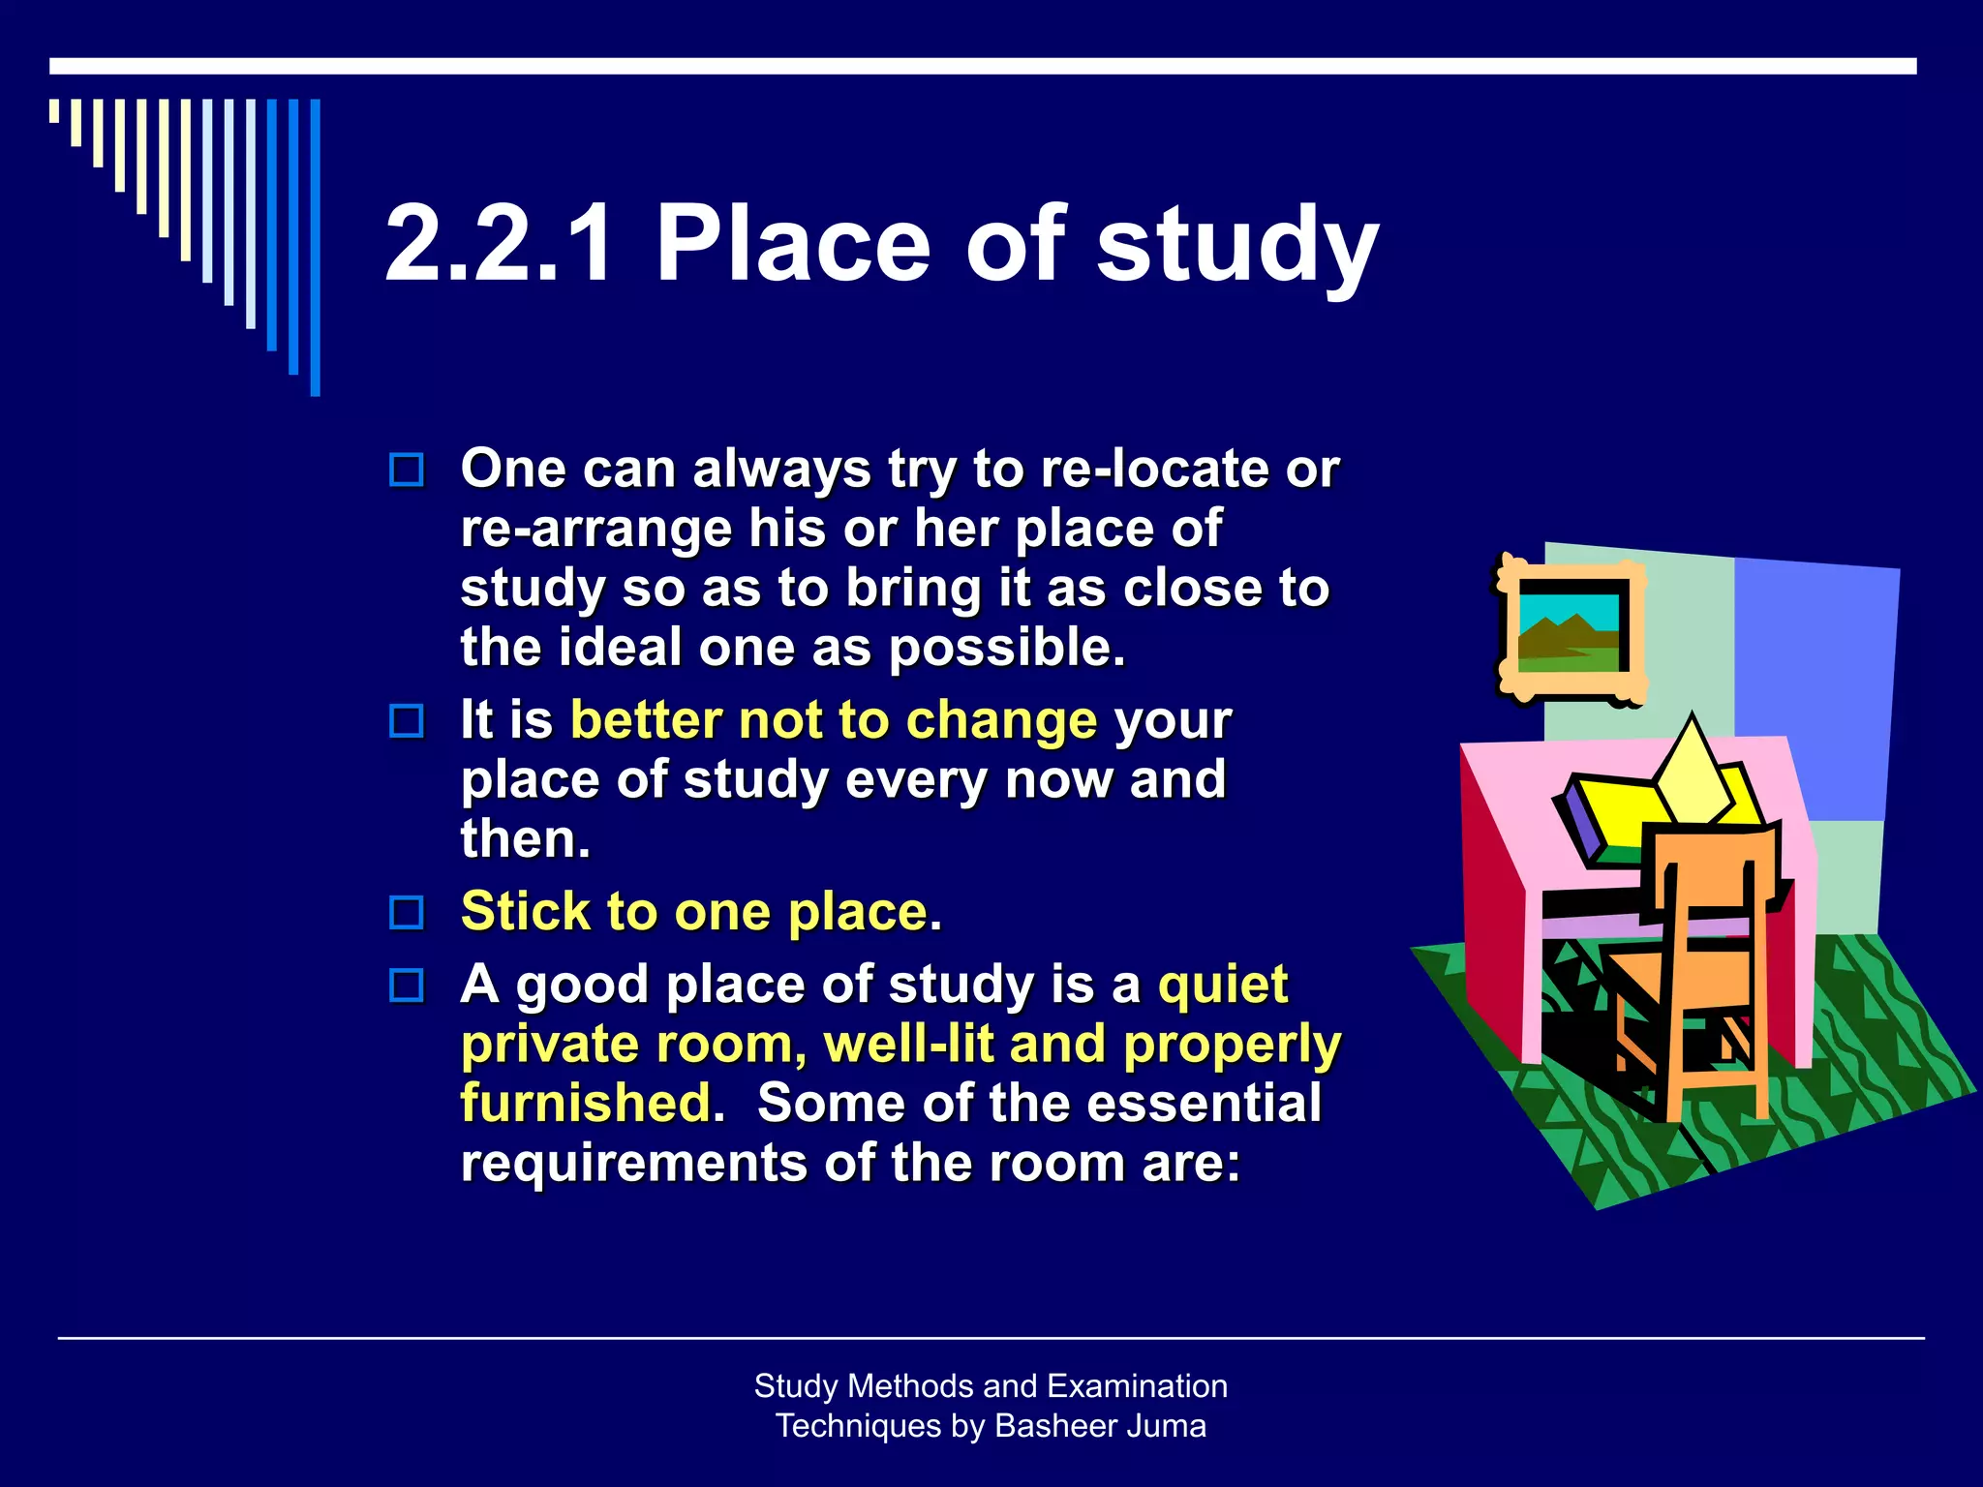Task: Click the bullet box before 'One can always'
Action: click(407, 470)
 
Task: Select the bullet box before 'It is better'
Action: click(407, 721)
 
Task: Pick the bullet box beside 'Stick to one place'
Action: click(407, 912)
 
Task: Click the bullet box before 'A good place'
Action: click(407, 986)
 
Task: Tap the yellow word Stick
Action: click(525, 911)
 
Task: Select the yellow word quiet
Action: click(1223, 986)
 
